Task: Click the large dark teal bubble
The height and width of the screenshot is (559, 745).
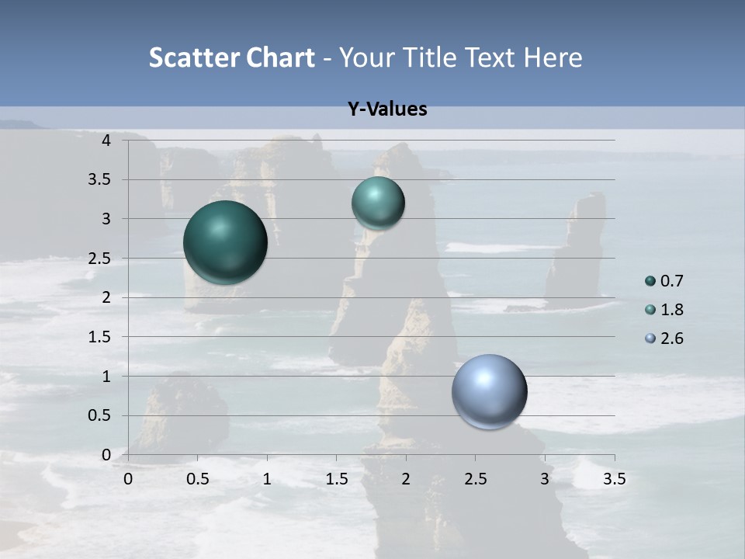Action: tap(225, 242)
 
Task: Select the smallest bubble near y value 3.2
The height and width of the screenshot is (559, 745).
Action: tap(378, 203)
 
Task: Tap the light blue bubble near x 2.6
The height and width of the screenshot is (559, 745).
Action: tap(489, 391)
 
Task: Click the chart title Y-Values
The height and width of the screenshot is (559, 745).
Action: tap(387, 109)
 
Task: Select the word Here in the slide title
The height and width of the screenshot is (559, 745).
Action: tap(553, 57)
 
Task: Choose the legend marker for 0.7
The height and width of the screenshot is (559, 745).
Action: tap(650, 281)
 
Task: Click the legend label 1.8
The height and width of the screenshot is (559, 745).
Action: tap(671, 310)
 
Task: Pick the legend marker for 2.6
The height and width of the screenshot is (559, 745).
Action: tap(650, 339)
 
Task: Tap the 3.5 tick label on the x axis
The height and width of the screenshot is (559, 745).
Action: tap(614, 479)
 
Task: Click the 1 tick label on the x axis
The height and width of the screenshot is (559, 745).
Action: tap(267, 479)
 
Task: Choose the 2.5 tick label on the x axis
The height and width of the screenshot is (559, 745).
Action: tap(475, 479)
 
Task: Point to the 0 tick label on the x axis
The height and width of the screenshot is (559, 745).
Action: tap(128, 479)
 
